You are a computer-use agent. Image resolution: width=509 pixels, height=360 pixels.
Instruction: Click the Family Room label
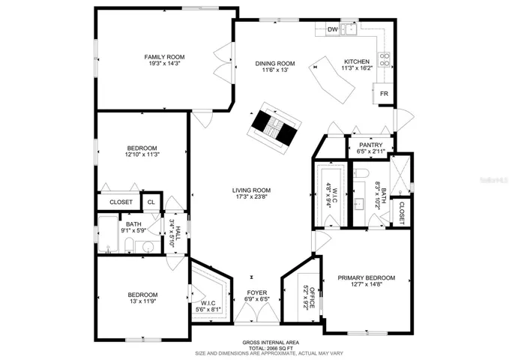164,57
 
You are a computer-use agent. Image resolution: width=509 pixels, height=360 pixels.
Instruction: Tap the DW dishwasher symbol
332,29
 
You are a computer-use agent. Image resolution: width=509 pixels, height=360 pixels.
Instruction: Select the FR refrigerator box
384,94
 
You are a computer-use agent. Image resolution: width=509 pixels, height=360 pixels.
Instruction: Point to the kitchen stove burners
384,58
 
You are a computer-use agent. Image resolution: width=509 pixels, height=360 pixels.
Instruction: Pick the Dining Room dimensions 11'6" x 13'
275,70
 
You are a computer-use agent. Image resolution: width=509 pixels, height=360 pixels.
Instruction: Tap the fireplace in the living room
274,128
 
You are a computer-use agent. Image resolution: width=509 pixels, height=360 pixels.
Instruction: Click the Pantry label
371,145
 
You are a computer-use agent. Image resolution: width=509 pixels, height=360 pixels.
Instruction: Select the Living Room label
252,190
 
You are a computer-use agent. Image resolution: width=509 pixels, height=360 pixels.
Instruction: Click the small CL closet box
151,202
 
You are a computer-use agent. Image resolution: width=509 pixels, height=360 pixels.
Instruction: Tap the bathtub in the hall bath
108,234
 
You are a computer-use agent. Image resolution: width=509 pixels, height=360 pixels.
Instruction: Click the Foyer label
257,292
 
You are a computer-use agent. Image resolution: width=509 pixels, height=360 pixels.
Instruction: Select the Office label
312,298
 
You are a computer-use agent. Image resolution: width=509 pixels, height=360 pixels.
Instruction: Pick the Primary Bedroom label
367,277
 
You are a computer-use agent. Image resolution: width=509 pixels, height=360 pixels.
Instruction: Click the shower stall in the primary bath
400,175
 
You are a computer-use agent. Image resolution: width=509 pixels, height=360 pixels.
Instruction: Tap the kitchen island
331,80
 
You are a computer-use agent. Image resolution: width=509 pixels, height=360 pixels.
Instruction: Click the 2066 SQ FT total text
271,348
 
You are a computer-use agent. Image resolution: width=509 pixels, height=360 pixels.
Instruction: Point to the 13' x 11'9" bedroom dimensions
143,301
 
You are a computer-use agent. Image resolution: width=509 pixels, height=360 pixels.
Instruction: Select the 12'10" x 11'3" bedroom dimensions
142,154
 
